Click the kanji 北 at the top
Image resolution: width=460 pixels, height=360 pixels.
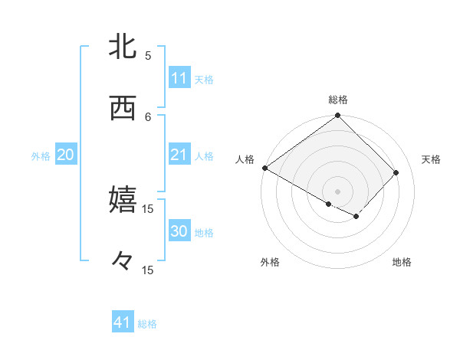[x=123, y=47]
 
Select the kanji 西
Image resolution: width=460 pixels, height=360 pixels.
[x=123, y=109]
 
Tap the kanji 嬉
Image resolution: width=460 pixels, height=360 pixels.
[x=123, y=200]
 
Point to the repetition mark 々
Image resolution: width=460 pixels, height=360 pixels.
[x=123, y=262]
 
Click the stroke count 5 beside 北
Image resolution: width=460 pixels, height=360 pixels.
[x=148, y=56]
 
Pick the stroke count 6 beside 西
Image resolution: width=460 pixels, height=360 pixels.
[x=148, y=116]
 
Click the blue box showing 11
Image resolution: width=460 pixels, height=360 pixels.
[x=179, y=79]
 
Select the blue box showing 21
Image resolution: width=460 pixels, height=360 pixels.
[x=179, y=155]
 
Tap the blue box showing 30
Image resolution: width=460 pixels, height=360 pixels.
[x=179, y=232]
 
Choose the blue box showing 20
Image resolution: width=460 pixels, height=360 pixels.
[x=65, y=155]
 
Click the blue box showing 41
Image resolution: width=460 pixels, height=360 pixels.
[x=123, y=323]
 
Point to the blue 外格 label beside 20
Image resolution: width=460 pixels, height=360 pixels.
[x=41, y=156]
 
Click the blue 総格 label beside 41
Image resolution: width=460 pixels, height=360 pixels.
[x=147, y=324]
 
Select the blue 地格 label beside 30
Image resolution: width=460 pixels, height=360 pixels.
[x=204, y=233]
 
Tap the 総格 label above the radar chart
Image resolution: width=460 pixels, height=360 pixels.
[x=338, y=100]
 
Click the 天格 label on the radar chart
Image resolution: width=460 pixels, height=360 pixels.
[x=431, y=159]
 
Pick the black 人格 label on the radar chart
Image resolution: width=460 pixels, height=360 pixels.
[x=245, y=159]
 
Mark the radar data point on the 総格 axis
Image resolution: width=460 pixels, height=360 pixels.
[x=338, y=116]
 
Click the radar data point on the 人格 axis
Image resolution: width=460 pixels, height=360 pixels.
[x=264, y=168]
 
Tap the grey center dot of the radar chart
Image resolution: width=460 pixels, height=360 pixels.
[x=338, y=191]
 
